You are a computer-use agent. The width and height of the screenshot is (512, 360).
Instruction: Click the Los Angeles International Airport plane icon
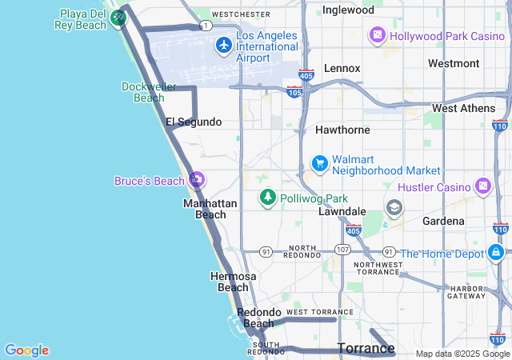click(223, 46)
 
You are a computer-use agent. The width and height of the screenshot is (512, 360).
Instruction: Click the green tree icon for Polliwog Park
click(267, 197)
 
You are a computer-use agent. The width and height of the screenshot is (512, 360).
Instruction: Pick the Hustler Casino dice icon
click(483, 187)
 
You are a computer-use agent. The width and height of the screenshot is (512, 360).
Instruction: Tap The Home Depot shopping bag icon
click(496, 254)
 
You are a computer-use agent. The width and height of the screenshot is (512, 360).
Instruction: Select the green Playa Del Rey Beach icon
click(118, 17)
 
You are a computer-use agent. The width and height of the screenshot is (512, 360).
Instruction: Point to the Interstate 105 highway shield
click(294, 92)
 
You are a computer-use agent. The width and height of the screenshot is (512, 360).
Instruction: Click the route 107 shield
click(342, 250)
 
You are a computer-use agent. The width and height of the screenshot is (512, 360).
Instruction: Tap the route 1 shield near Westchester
click(206, 26)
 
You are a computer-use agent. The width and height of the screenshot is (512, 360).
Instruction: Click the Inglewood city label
click(348, 10)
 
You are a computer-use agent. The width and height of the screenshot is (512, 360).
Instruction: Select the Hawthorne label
click(342, 129)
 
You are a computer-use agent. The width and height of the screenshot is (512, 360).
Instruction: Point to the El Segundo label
click(193, 122)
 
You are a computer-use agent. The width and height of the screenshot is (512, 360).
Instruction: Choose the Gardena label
click(444, 220)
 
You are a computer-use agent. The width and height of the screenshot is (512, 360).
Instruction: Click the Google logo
click(26, 350)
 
